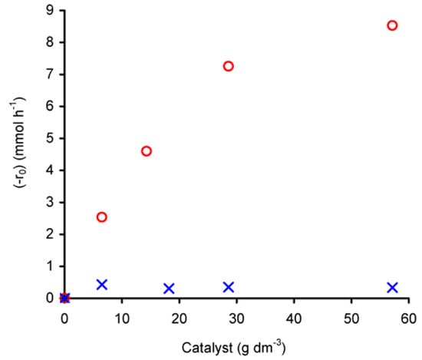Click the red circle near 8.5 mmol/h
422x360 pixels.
393,25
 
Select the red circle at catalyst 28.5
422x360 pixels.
228,66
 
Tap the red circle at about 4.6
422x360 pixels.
147,150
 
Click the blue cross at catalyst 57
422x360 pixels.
393,287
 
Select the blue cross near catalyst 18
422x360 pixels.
169,289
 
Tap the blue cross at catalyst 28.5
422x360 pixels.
228,287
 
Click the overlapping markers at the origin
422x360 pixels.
64,298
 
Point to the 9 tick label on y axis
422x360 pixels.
50,11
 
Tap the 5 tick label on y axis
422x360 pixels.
50,138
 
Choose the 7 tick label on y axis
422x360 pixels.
50,74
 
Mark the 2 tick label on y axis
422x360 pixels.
50,234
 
